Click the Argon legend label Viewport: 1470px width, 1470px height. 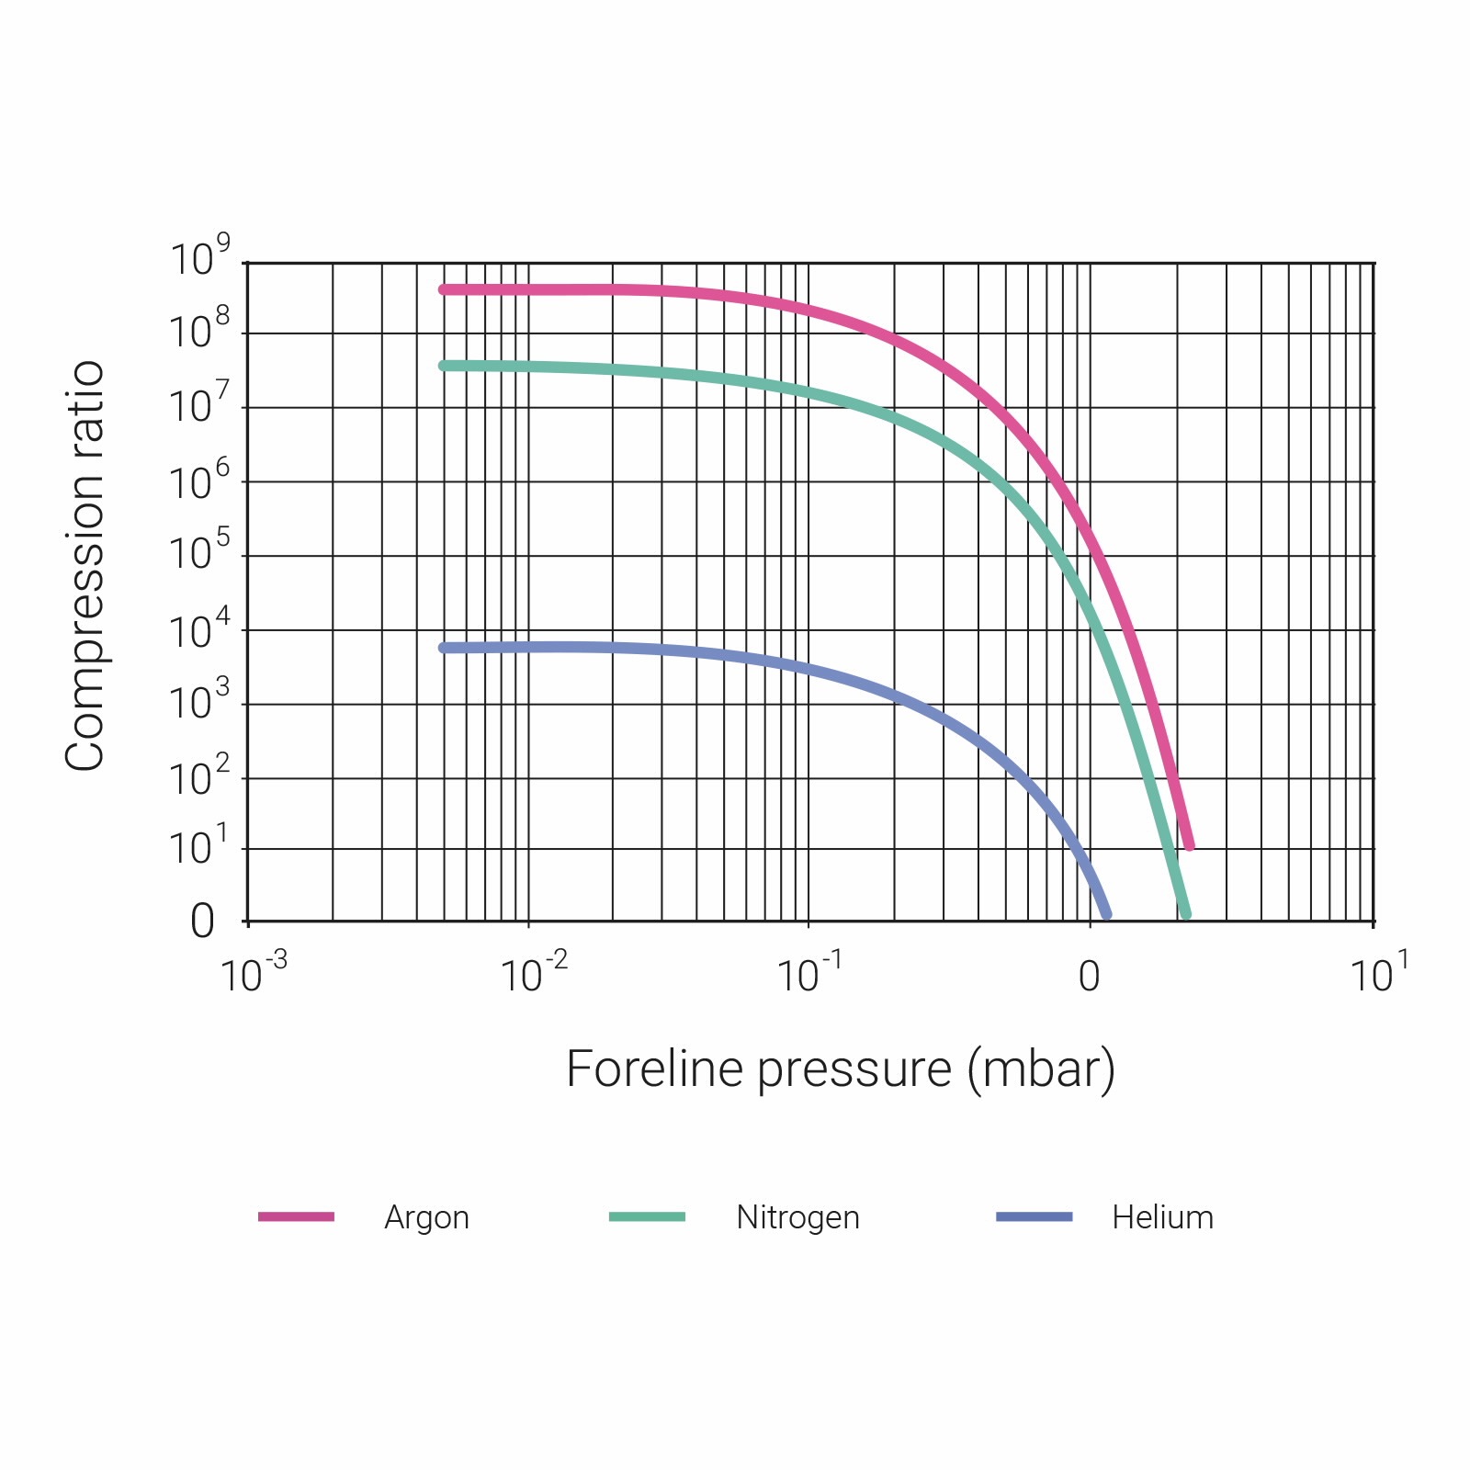pyautogui.click(x=426, y=1217)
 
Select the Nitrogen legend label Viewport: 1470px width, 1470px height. pyautogui.click(x=797, y=1217)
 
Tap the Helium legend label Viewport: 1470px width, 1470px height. pyautogui.click(x=1162, y=1217)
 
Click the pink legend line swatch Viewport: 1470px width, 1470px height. pyautogui.click(x=296, y=1216)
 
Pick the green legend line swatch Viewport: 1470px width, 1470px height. pyautogui.click(x=647, y=1216)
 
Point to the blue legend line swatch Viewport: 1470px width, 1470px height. pyautogui.click(x=1034, y=1216)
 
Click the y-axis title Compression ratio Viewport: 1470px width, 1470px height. pyautogui.click(x=85, y=566)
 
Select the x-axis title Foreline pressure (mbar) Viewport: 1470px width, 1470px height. pyautogui.click(x=840, y=1069)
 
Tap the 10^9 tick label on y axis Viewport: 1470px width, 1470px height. pyautogui.click(x=199, y=257)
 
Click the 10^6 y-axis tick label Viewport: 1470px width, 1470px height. pyautogui.click(x=199, y=481)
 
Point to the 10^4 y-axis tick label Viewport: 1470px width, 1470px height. pyautogui.click(x=199, y=629)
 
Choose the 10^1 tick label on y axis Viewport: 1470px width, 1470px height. pyautogui.click(x=198, y=846)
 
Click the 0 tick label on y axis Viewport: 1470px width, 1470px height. pyautogui.click(x=202, y=921)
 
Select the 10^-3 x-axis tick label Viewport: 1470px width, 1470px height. pyautogui.click(x=254, y=974)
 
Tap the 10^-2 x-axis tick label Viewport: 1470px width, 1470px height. pyautogui.click(x=534, y=974)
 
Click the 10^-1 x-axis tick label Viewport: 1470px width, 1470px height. pyautogui.click(x=809, y=974)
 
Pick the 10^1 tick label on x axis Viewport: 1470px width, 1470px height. pyautogui.click(x=1378, y=974)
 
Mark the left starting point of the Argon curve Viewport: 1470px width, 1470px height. pyautogui.click(x=444, y=290)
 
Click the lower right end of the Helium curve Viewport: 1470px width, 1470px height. pyautogui.click(x=1106, y=914)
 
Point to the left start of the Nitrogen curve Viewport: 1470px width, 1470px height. pyautogui.click(x=444, y=366)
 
